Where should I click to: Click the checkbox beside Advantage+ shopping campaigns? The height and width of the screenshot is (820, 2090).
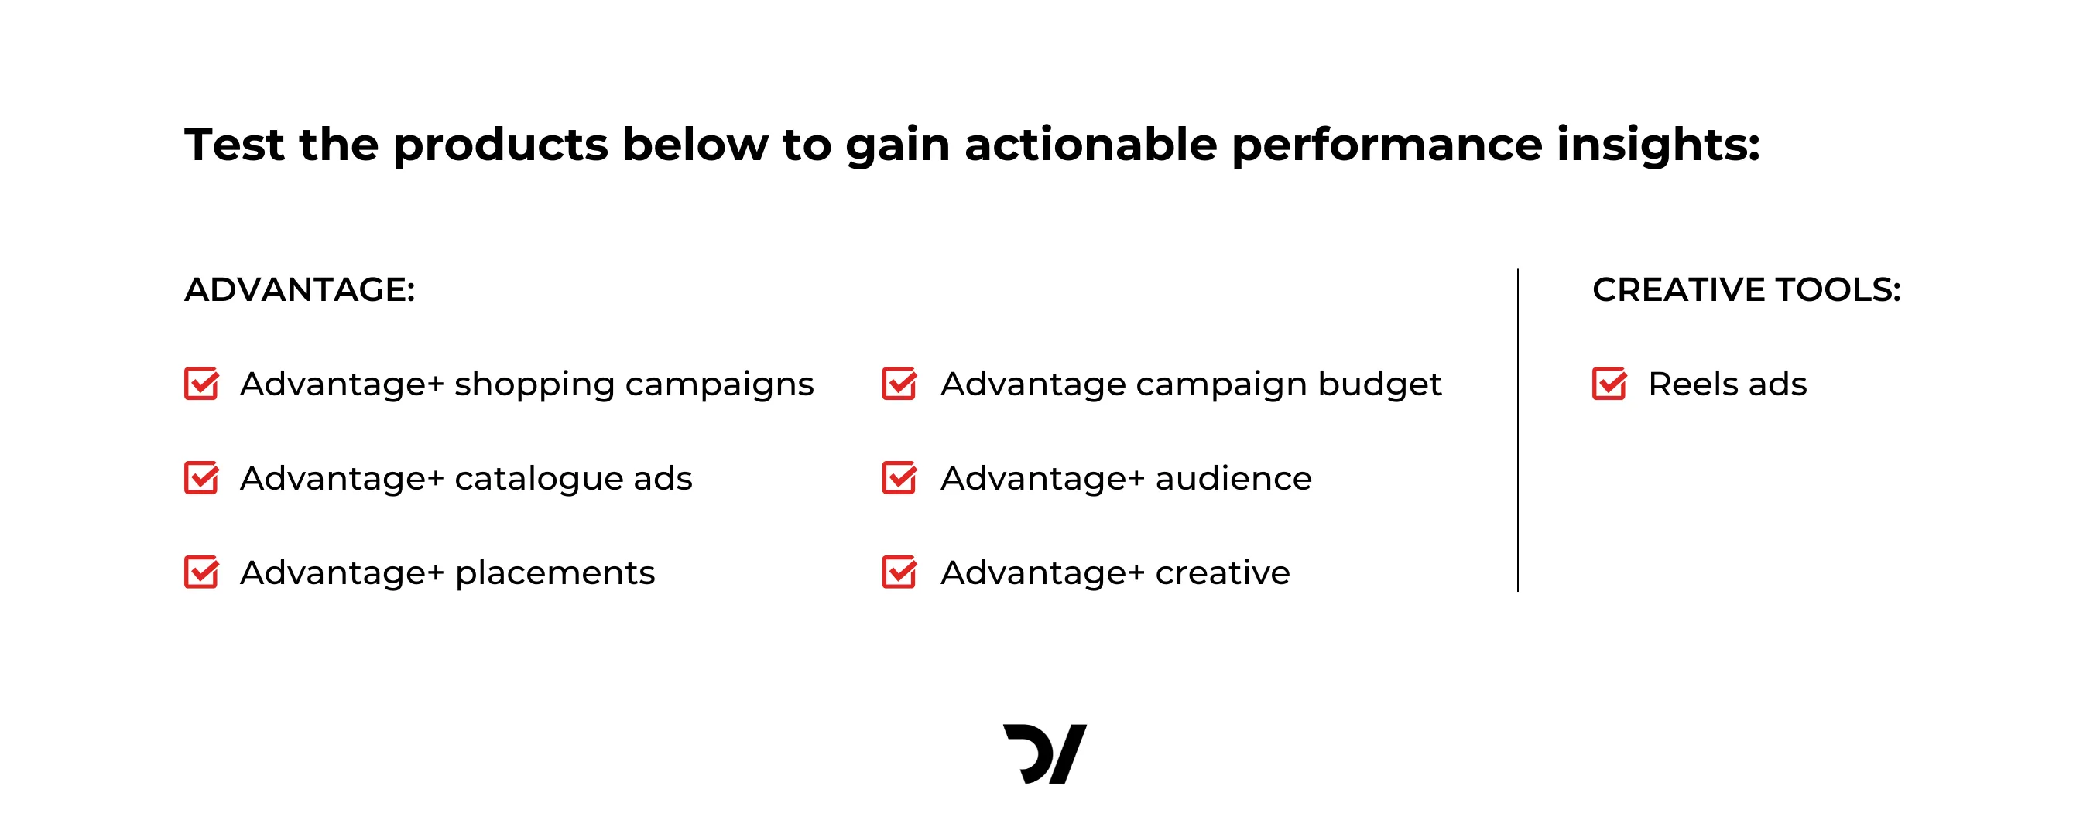tap(201, 384)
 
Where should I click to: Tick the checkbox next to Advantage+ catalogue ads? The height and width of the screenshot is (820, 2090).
tap(201, 478)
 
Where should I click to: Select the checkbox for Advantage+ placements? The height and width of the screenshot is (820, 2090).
tap(201, 572)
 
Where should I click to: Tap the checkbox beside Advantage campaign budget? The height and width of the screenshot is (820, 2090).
tap(899, 384)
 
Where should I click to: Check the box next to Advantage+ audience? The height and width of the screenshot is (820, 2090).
tap(899, 478)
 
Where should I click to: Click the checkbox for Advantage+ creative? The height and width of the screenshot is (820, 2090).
tap(899, 572)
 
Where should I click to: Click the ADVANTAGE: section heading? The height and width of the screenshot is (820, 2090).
tap(300, 289)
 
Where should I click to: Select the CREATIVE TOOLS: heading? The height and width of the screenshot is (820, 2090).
tap(1747, 289)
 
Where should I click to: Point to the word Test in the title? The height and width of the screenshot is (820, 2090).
tap(235, 145)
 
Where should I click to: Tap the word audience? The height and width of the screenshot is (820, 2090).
tap(1233, 479)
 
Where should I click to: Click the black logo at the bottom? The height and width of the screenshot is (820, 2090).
tap(1045, 753)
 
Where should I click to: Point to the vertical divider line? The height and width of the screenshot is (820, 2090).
tap(1517, 430)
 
